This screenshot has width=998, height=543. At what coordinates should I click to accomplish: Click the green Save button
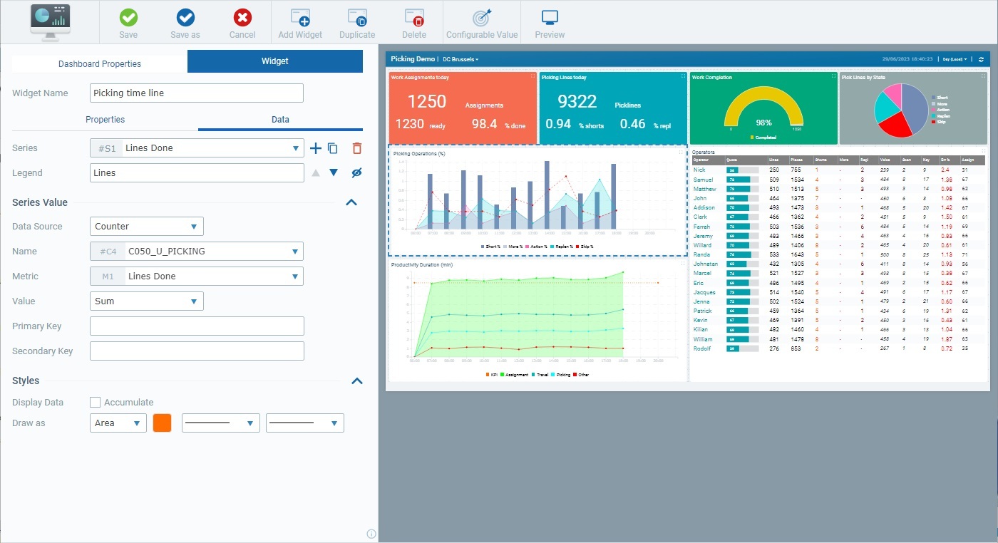click(x=128, y=23)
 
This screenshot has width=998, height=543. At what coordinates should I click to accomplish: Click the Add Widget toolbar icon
click(x=300, y=23)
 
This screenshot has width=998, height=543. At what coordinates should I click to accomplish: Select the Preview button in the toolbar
click(x=550, y=23)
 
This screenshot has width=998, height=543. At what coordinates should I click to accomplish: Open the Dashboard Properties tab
click(x=100, y=63)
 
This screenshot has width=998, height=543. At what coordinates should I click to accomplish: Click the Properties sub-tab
click(x=105, y=119)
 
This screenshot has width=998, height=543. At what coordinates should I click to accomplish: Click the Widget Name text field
click(x=197, y=93)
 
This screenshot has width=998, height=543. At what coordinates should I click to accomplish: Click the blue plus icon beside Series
click(x=316, y=148)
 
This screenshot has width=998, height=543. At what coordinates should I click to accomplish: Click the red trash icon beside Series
click(x=357, y=148)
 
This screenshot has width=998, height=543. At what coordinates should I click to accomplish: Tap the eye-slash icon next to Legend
click(x=357, y=172)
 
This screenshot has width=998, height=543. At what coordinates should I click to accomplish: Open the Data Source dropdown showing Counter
click(x=147, y=227)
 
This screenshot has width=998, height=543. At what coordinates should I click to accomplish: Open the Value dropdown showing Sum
click(x=147, y=301)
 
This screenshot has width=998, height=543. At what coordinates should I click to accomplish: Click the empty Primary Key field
click(x=197, y=326)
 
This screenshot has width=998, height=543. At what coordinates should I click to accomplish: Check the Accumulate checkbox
click(x=96, y=403)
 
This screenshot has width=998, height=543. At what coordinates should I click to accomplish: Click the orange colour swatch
click(x=162, y=423)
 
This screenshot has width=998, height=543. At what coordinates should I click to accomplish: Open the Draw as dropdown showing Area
click(x=118, y=423)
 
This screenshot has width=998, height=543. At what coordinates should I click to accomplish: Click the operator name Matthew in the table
click(x=704, y=189)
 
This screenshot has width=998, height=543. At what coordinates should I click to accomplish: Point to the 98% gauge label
click(x=763, y=123)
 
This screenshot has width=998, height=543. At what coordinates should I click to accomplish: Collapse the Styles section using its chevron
click(x=351, y=381)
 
